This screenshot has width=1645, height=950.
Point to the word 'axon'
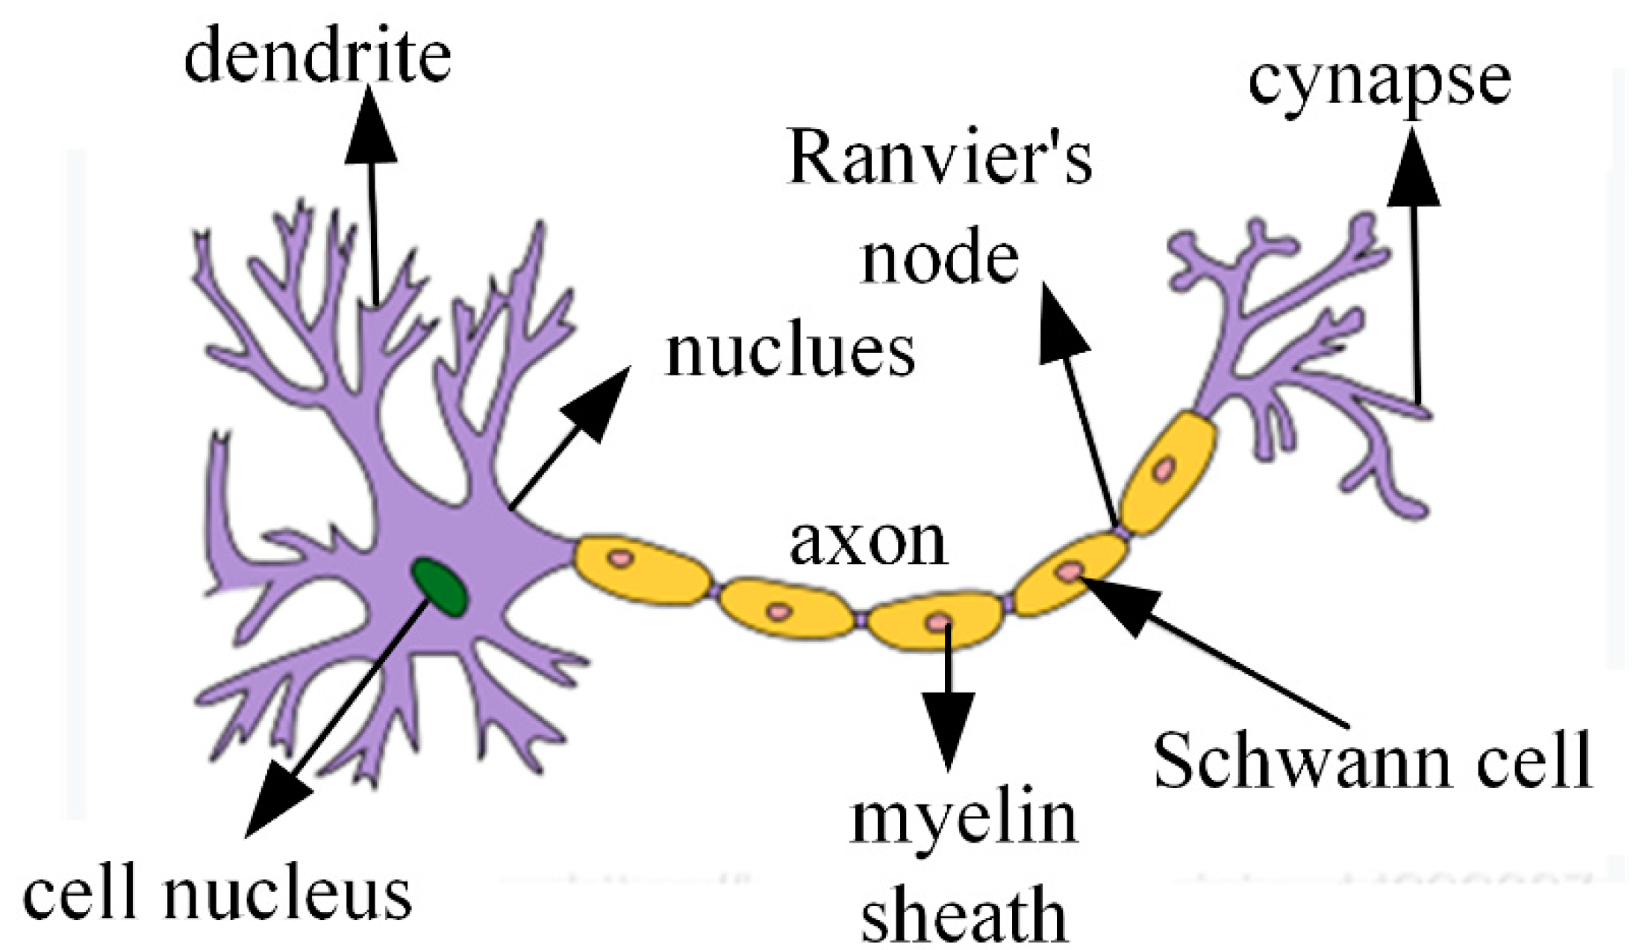pos(868,543)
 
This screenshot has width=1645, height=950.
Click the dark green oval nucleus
pos(441,588)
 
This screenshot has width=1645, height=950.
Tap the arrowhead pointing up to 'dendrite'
pos(370,127)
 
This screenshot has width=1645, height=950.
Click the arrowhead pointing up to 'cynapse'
pos(1413,169)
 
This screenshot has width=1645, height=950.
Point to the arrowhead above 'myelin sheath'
pos(949,728)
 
